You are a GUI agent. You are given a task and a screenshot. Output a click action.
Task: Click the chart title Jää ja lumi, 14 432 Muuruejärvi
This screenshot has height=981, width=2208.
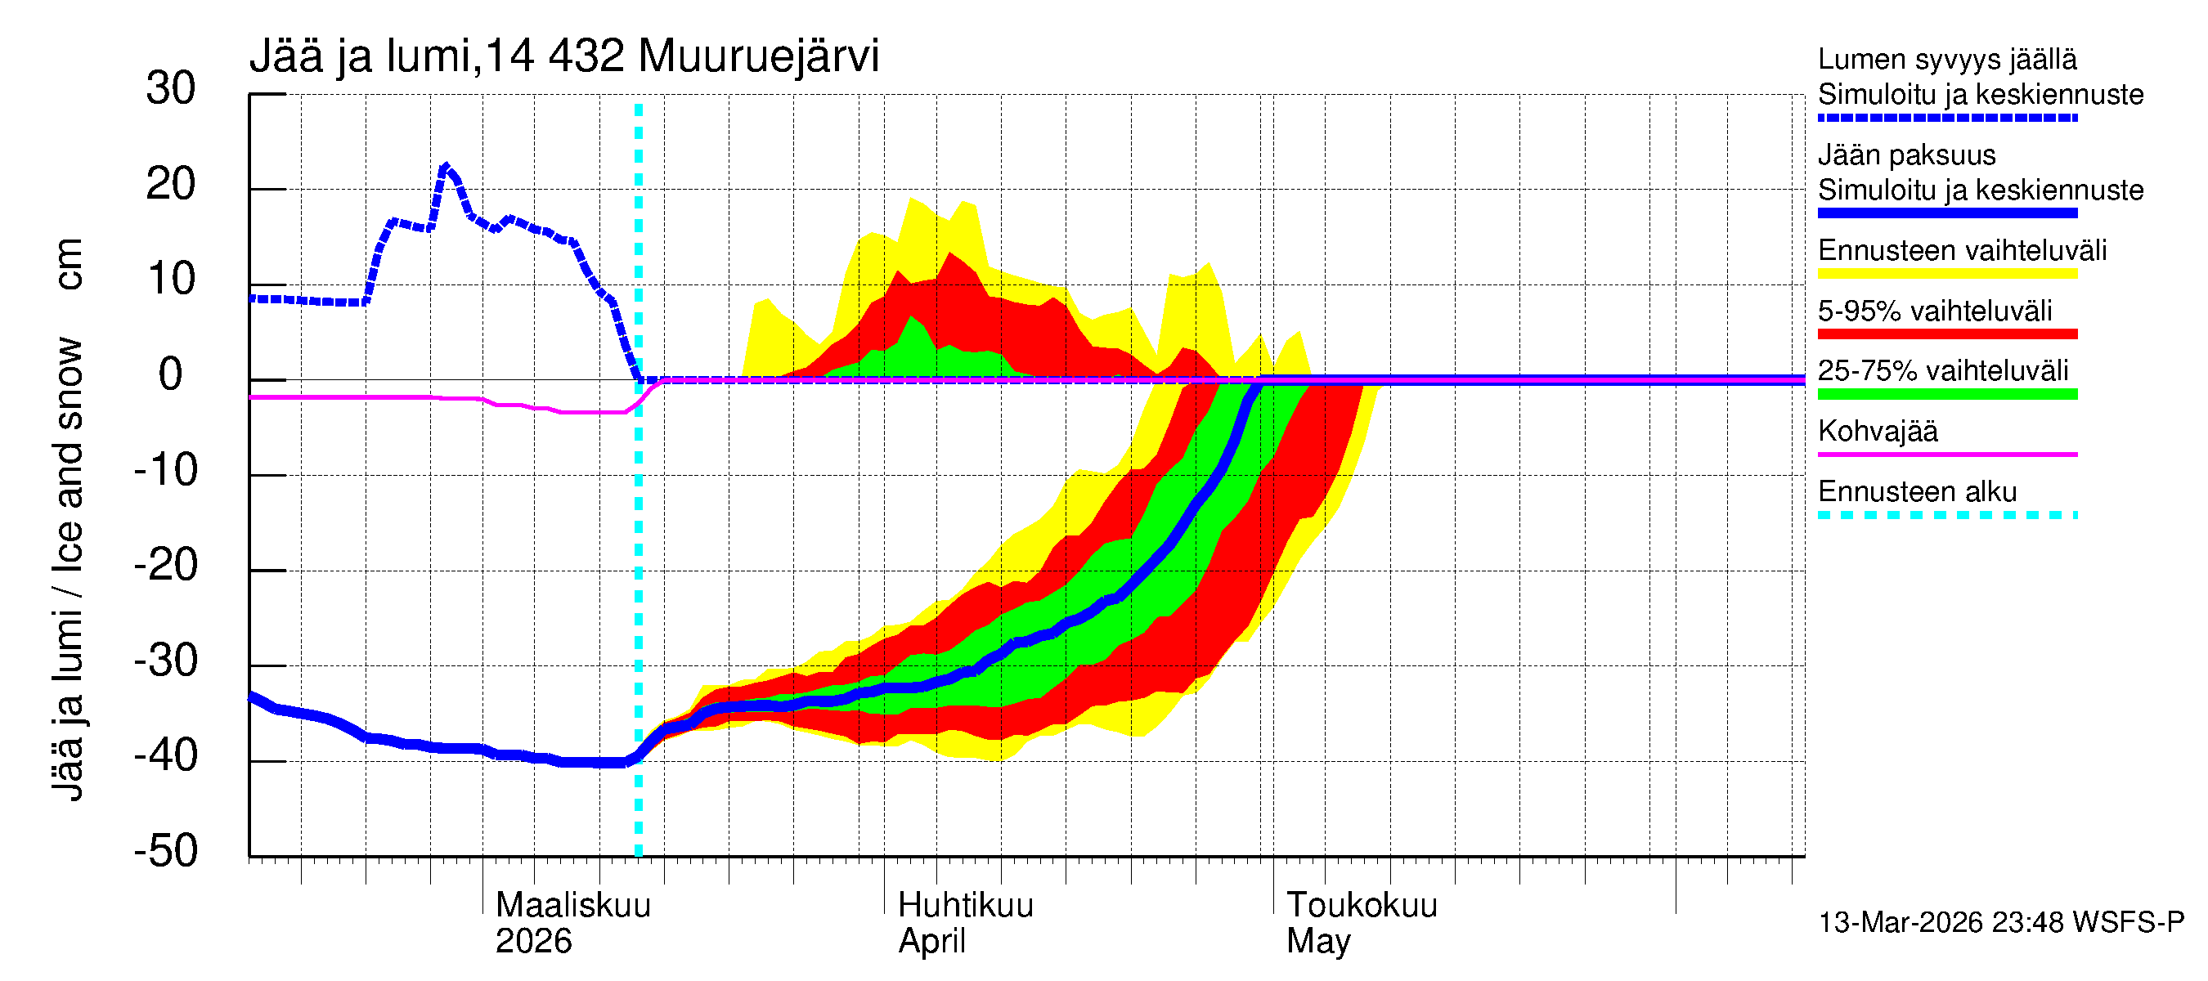pyautogui.click(x=564, y=57)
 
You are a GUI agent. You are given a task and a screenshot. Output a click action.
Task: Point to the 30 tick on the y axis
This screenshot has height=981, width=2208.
pyautogui.click(x=171, y=89)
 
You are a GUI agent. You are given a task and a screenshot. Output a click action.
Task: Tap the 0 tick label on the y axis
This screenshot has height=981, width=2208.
pyautogui.click(x=171, y=375)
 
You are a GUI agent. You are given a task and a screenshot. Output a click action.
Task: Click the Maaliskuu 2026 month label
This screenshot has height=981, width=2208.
pyautogui.click(x=572, y=923)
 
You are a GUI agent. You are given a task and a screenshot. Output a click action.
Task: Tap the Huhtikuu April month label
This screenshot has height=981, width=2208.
pyautogui.click(x=965, y=923)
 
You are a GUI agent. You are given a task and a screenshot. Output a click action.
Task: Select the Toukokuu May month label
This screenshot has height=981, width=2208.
pyautogui.click(x=1361, y=923)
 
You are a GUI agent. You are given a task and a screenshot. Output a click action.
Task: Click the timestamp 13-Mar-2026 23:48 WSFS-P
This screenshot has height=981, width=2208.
pyautogui.click(x=2000, y=923)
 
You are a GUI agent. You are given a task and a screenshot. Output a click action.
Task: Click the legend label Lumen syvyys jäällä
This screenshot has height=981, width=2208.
pyautogui.click(x=1946, y=60)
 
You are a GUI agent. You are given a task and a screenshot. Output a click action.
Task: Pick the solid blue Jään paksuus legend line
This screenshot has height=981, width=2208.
pyautogui.click(x=1946, y=213)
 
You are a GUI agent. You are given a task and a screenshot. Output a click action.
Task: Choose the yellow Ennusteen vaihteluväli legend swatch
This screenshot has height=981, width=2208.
pyautogui.click(x=1946, y=274)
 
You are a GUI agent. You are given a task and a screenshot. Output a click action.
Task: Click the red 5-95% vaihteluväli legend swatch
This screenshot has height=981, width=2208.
pyautogui.click(x=1946, y=334)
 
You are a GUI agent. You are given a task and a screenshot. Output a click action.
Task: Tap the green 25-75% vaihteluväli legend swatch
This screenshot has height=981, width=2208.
pyautogui.click(x=1946, y=394)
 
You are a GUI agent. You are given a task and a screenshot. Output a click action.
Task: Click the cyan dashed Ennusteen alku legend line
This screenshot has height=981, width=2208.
pyautogui.click(x=1946, y=515)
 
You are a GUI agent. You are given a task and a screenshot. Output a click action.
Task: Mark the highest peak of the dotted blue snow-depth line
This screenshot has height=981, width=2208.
pyautogui.click(x=444, y=166)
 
